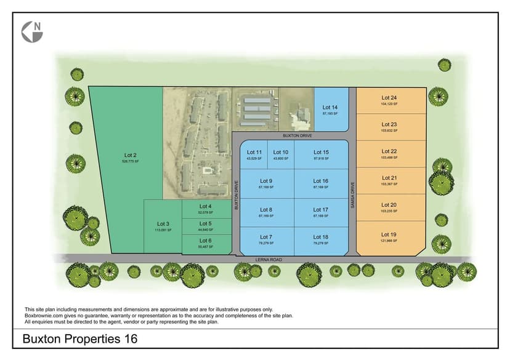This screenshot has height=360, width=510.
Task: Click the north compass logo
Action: click(x=32, y=32)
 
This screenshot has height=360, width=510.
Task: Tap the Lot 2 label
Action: click(x=130, y=155)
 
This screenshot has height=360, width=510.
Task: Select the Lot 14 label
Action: click(x=330, y=108)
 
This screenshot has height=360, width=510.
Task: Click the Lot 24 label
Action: click(x=389, y=98)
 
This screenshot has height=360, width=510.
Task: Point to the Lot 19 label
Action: click(x=389, y=234)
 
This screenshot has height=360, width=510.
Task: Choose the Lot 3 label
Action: click(x=163, y=223)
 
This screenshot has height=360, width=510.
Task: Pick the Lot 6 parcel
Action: click(x=206, y=243)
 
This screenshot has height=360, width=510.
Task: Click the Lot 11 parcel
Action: click(x=254, y=155)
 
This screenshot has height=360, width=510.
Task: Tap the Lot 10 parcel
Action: click(x=281, y=155)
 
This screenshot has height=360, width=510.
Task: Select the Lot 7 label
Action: click(x=266, y=237)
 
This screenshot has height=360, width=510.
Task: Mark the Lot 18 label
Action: click(x=321, y=237)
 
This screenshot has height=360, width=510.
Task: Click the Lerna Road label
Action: click(x=269, y=260)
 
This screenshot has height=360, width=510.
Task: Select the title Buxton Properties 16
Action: click(x=80, y=339)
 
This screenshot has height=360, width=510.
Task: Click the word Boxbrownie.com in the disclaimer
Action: click(x=42, y=316)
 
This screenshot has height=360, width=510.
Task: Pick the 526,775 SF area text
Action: click(x=130, y=161)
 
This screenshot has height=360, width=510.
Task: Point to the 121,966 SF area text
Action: click(x=389, y=241)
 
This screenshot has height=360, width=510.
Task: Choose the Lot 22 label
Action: click(x=389, y=151)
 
